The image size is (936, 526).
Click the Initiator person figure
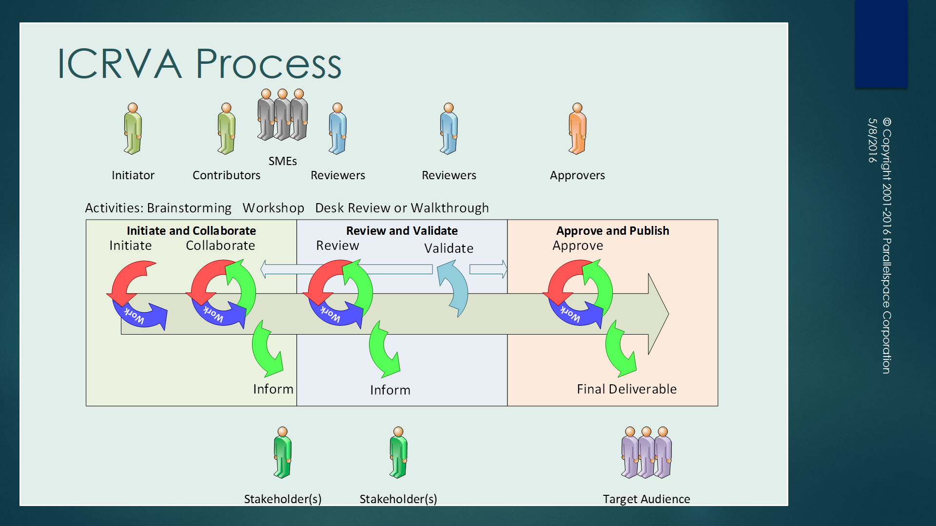point(133,129)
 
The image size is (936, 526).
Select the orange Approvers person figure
point(577,129)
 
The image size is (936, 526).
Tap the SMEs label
point(282,161)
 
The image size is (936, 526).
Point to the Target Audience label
point(646,499)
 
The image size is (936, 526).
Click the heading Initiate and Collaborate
point(191,231)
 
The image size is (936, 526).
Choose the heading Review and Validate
point(402,231)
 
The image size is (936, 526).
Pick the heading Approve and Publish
point(612,231)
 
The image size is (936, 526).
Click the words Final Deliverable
point(626,389)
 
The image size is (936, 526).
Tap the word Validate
point(448,248)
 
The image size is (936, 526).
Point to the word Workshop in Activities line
point(273,208)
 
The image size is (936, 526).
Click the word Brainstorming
point(189,208)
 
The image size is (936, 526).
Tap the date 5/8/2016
point(872,140)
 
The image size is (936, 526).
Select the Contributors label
point(226,175)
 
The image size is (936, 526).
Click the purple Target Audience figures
point(646,452)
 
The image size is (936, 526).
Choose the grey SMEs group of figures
point(282,115)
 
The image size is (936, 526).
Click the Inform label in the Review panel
point(390,390)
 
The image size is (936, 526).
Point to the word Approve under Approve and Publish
point(578,245)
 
